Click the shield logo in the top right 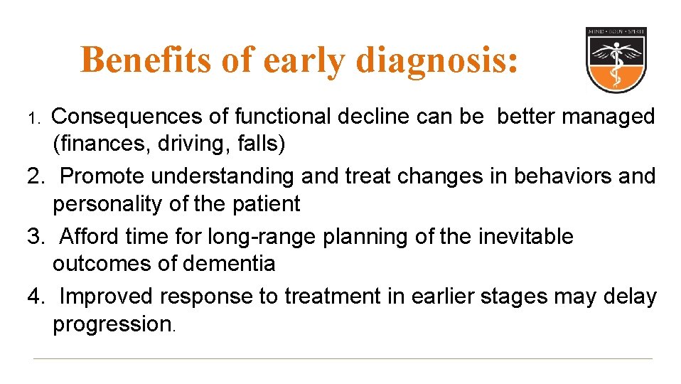point(616,60)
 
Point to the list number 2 point(36,176)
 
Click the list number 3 point(36,236)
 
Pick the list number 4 point(36,297)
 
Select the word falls point(262,144)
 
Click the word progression point(112,325)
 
